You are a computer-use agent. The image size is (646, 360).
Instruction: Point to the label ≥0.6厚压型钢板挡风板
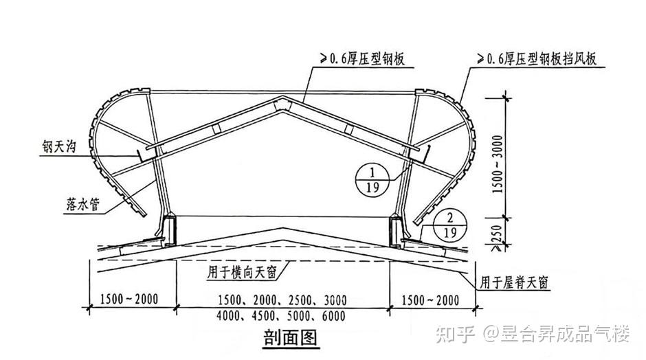click(x=535, y=60)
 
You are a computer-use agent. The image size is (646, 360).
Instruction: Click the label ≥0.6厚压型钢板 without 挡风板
click(x=360, y=60)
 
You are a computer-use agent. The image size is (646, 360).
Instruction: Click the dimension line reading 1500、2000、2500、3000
click(x=282, y=300)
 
